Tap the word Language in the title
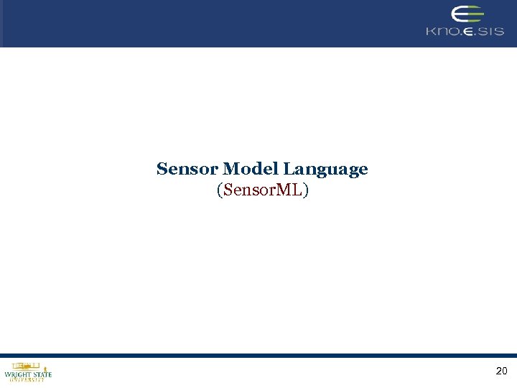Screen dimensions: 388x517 pyautogui.click(x=325, y=170)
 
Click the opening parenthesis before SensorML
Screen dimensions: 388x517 pyautogui.click(x=218, y=190)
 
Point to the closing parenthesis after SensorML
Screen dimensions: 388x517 pyautogui.click(x=306, y=190)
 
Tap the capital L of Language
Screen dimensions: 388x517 pyautogui.click(x=287, y=170)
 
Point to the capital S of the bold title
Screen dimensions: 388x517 pyautogui.click(x=162, y=170)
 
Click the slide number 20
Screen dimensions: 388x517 pyautogui.click(x=501, y=371)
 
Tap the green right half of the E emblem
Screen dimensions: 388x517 pyautogui.click(x=475, y=15)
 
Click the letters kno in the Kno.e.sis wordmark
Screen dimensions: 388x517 pyautogui.click(x=442, y=32)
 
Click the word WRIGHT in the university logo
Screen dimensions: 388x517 pyautogui.click(x=17, y=374)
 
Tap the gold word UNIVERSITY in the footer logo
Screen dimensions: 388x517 pyautogui.click(x=28, y=380)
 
